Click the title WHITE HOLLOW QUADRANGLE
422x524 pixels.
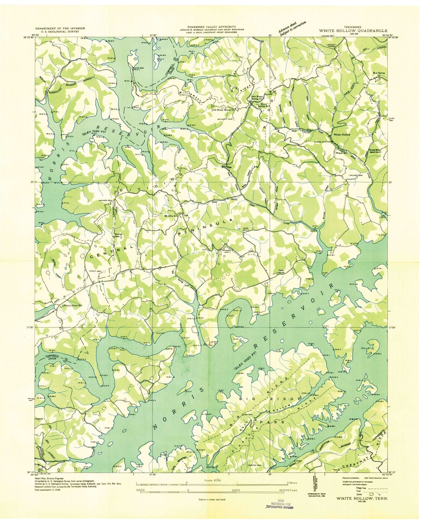(x=353, y=30)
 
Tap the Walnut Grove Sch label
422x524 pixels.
(x=72, y=306)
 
